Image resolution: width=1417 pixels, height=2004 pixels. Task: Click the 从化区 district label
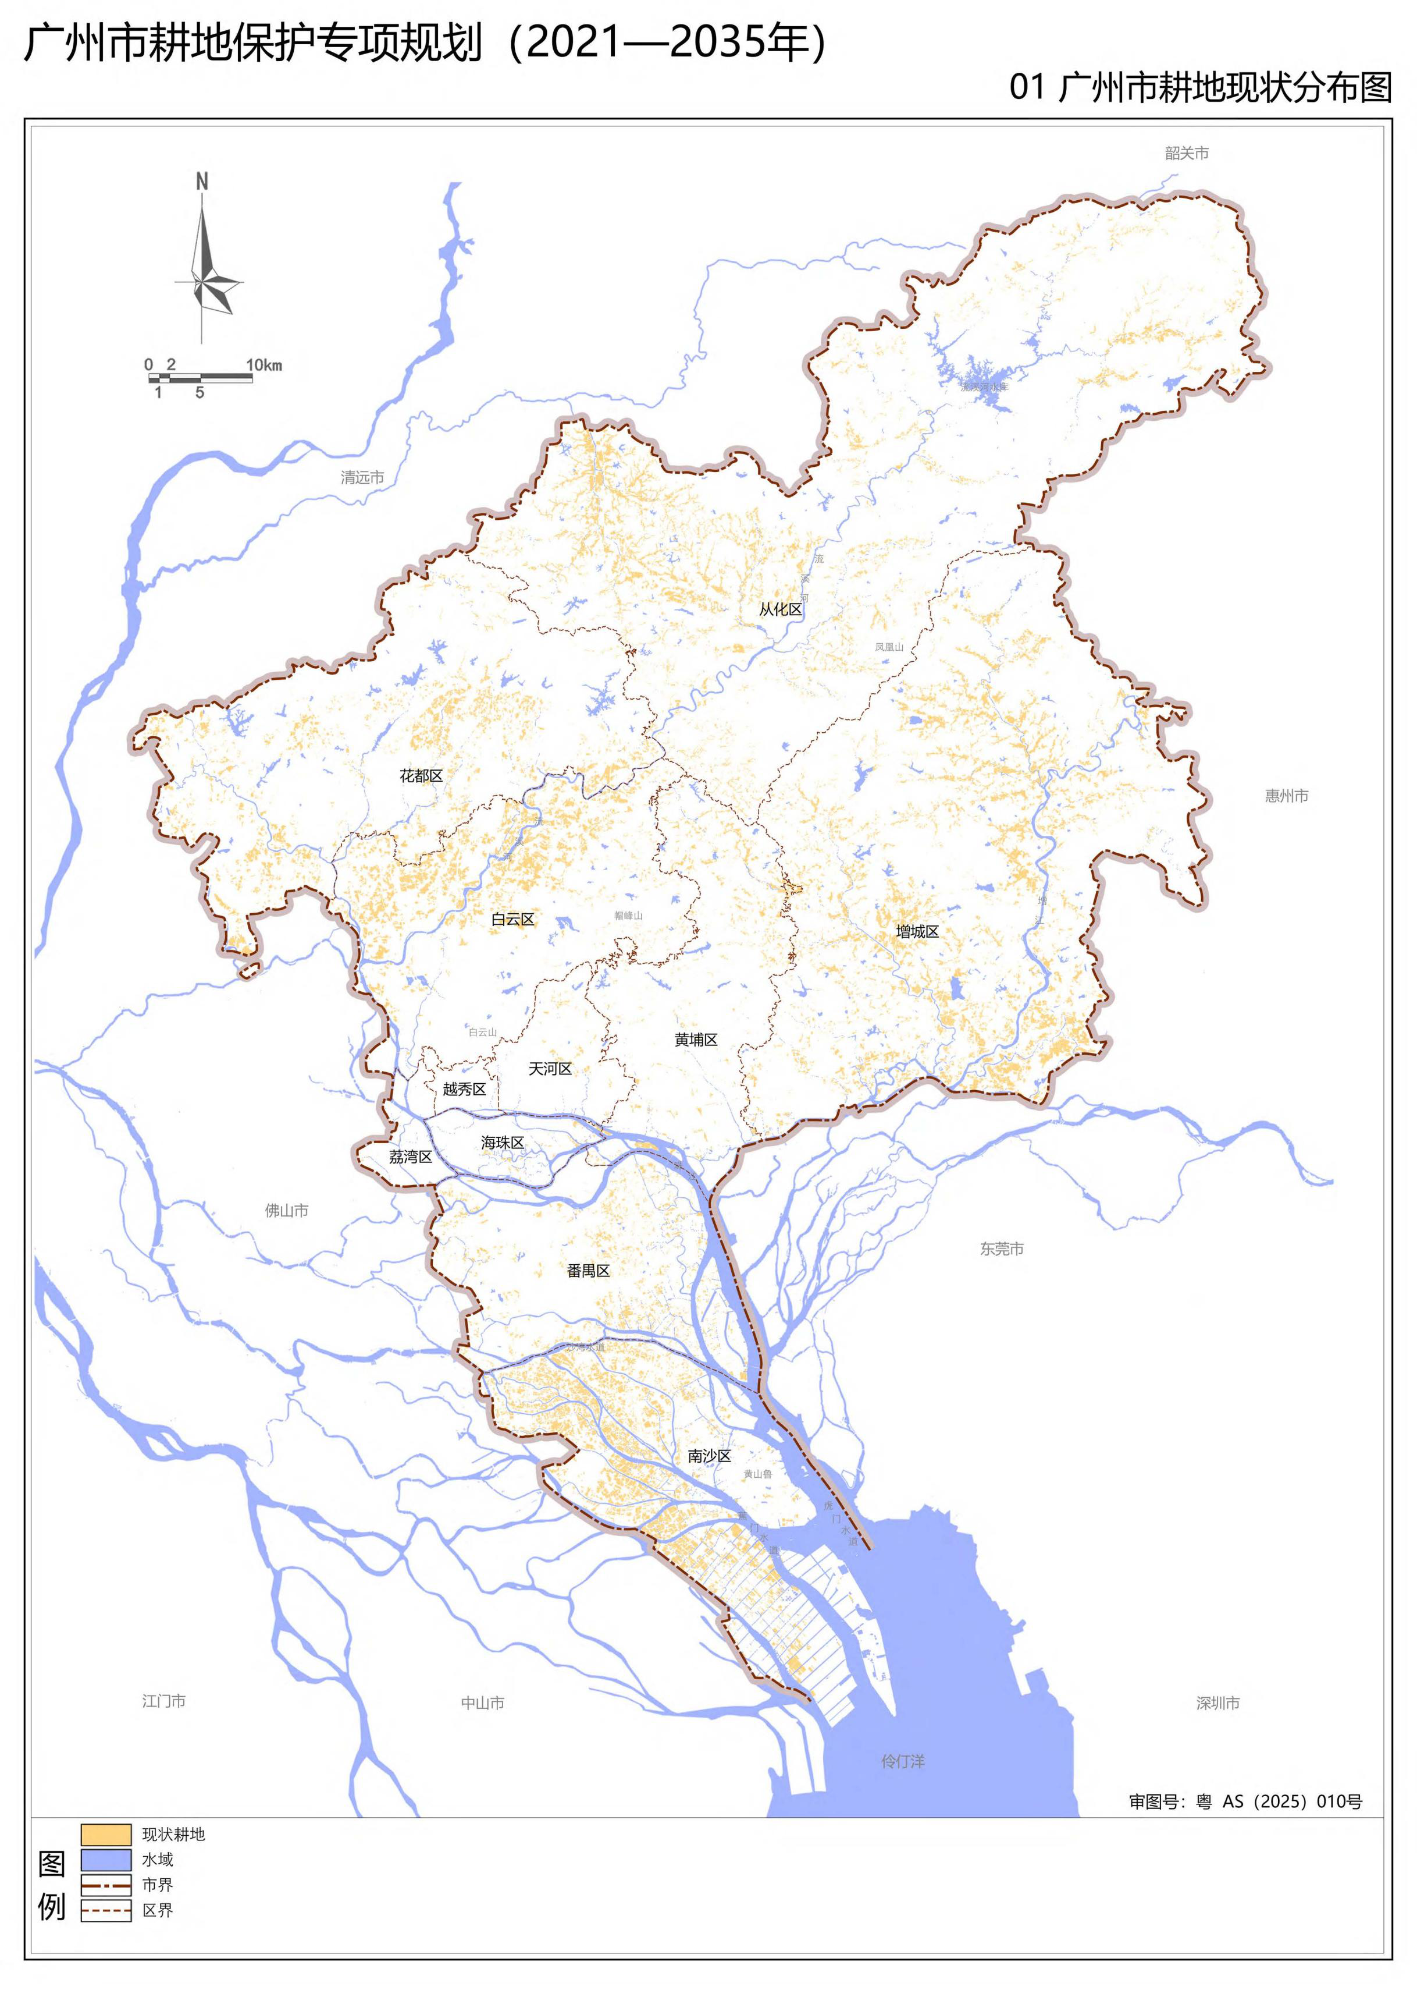click(x=780, y=609)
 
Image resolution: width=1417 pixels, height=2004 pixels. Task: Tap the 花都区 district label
click(x=421, y=776)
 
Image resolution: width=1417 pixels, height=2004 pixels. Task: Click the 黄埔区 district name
click(x=696, y=1040)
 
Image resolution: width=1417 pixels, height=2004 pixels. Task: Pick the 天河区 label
click(x=550, y=1068)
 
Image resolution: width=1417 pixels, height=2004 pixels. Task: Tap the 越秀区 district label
click(x=464, y=1088)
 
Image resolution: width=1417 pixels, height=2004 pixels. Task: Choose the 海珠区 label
click(x=503, y=1143)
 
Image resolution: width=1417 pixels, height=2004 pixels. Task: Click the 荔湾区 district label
click(x=410, y=1157)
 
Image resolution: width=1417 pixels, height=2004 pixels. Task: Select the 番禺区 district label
click(x=588, y=1271)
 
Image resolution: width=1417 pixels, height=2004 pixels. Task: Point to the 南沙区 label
click(x=708, y=1456)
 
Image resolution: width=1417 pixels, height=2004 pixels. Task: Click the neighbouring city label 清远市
click(x=362, y=477)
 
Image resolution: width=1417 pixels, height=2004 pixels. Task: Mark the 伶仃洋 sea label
click(x=902, y=1761)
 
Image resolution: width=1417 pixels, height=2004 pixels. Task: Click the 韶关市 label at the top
click(x=1187, y=154)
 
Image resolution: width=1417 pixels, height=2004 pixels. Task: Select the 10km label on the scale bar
click(x=264, y=365)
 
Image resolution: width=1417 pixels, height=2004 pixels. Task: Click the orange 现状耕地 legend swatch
click(x=106, y=1835)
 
